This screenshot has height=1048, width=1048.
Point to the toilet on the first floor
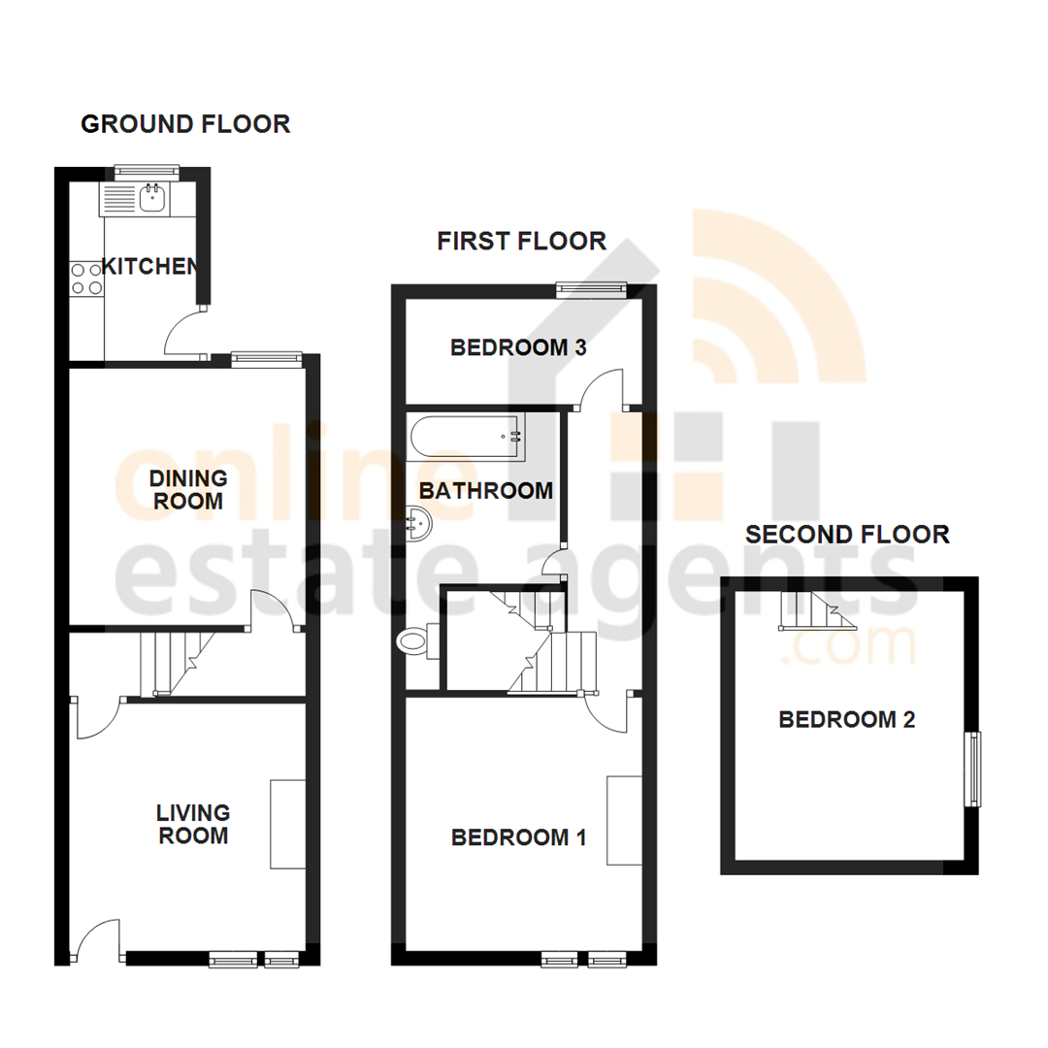click(414, 639)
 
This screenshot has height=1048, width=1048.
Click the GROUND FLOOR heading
click(185, 124)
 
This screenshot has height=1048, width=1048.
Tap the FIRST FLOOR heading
click(522, 241)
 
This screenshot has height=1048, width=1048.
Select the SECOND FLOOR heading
click(847, 534)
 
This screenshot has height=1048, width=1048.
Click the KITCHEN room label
click(151, 266)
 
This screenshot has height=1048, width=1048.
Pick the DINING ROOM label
click(188, 490)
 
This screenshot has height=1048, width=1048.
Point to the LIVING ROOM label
click(194, 824)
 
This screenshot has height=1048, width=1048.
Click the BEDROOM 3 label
click(518, 347)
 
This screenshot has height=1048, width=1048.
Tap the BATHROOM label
click(486, 491)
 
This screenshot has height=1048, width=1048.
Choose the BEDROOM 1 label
click(518, 837)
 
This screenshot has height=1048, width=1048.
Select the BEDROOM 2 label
click(847, 720)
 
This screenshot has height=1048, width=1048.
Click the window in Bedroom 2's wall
click(971, 770)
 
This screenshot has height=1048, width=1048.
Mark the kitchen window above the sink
click(147, 172)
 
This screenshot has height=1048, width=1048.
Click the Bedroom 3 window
click(591, 288)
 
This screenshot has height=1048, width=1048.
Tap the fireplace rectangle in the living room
click(287, 823)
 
